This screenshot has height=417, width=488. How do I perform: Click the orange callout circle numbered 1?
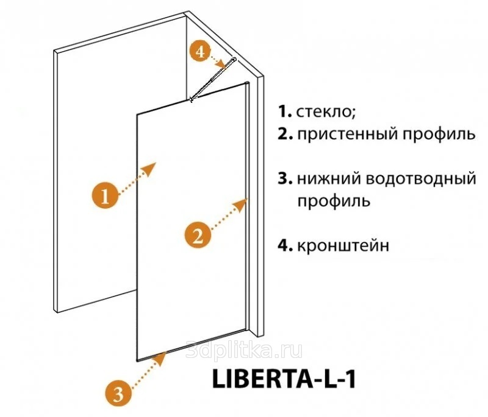(105, 195)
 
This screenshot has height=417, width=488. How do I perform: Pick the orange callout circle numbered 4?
(201, 51)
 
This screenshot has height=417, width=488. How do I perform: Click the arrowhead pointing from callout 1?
(149, 169)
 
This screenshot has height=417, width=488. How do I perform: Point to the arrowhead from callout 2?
(241, 205)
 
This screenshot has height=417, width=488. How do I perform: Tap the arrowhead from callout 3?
(161, 359)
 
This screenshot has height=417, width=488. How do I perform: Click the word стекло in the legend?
(326, 112)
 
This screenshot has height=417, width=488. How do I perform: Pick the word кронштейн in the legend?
(343, 246)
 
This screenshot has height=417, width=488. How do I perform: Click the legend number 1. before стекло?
(285, 112)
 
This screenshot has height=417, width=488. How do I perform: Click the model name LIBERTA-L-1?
(284, 379)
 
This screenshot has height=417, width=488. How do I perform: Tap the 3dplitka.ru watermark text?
(243, 351)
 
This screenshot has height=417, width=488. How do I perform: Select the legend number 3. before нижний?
(285, 179)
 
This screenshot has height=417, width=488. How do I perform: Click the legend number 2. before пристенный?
(285, 135)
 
